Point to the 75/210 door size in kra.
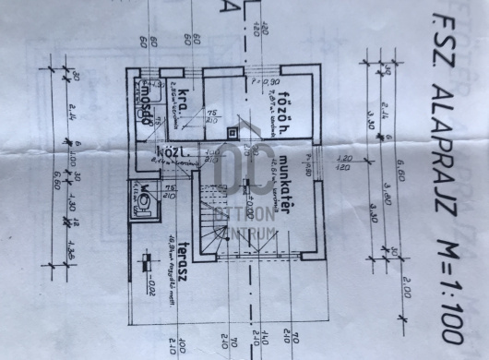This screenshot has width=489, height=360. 212,117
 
